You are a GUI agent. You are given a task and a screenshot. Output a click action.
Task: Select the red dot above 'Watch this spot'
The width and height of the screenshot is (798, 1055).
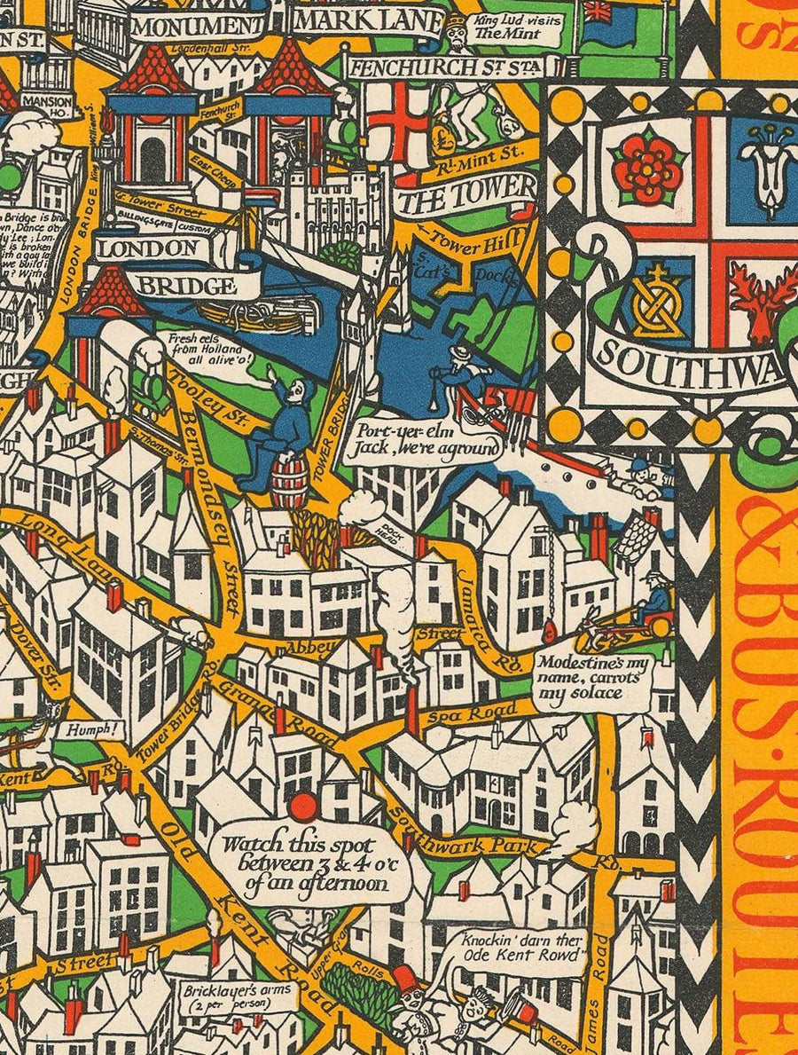point(303,807)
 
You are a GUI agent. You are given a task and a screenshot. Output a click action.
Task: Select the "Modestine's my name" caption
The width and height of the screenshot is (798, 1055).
point(591,676)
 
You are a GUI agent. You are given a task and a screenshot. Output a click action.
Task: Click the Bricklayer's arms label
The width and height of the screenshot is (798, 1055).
point(225,995)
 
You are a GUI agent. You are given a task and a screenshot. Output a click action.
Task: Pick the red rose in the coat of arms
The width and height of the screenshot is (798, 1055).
point(649,163)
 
